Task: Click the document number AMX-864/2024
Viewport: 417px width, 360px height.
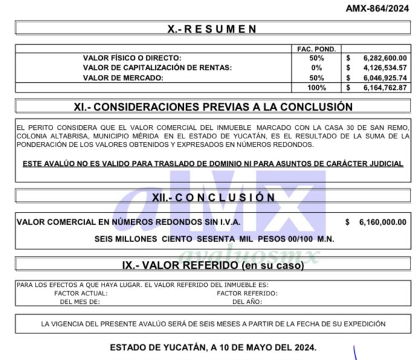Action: tap(377, 9)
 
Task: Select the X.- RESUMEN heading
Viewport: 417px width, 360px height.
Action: tap(212, 28)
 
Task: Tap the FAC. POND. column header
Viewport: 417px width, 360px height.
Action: tap(316, 48)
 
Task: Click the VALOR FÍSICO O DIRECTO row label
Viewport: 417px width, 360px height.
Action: tap(132, 58)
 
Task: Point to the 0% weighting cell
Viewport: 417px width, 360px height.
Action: tap(316, 68)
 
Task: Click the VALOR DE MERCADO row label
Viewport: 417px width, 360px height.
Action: tap(123, 78)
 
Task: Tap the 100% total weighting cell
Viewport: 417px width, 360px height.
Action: tap(316, 88)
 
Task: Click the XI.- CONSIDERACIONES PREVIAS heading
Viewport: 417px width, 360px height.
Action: tap(213, 107)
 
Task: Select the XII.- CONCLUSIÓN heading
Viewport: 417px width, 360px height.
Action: tap(213, 198)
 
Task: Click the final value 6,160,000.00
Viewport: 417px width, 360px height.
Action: tap(382, 222)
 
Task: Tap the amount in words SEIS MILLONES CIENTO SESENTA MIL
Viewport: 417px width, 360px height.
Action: tap(214, 239)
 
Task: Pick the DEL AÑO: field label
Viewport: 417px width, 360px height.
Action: tap(247, 301)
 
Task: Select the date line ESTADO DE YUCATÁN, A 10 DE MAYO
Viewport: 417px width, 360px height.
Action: tap(213, 348)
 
